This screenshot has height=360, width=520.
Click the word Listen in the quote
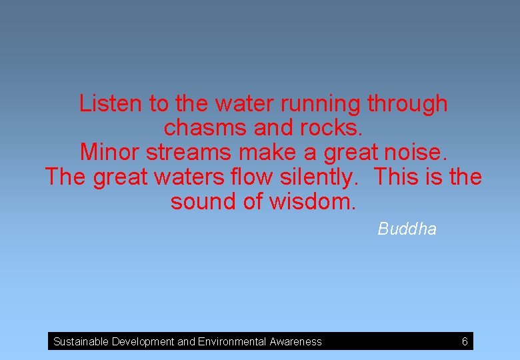111,104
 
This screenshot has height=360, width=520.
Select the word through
407,104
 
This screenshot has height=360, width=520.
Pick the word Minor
110,153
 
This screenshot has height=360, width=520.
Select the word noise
417,153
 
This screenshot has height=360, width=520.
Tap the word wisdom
313,202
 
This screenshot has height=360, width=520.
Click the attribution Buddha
407,229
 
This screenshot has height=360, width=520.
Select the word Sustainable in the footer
81,342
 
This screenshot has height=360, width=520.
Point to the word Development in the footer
143,342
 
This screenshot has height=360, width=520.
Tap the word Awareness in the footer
295,342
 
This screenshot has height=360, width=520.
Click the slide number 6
465,342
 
